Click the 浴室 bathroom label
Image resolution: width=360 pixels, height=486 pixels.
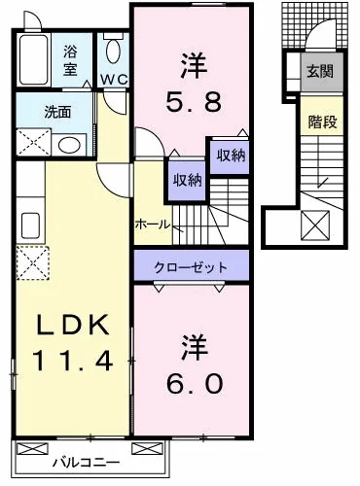click(70, 60)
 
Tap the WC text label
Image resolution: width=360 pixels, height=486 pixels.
click(114, 80)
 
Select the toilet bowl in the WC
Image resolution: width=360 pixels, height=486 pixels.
click(114, 51)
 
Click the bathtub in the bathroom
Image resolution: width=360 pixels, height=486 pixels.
click(34, 60)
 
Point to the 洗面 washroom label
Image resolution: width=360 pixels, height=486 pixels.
click(57, 112)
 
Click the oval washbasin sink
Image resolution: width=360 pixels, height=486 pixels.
click(69, 145)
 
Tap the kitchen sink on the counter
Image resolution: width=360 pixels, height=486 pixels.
click(31, 226)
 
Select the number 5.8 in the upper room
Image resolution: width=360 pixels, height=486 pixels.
click(194, 101)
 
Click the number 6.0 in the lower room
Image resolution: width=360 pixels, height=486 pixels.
click(195, 383)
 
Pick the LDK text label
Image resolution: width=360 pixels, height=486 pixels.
click(72, 325)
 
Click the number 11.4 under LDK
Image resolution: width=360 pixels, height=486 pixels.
click(72, 361)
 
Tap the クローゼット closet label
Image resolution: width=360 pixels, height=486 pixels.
click(191, 267)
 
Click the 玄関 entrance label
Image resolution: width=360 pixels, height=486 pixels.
click(320, 71)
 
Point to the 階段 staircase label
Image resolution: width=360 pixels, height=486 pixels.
click(322, 121)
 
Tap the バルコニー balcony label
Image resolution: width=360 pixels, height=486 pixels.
click(87, 463)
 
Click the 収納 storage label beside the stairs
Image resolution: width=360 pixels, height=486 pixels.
click(188, 180)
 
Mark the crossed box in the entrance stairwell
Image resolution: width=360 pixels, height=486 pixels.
click(315, 226)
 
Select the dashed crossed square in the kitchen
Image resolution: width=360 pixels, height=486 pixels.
click(33, 262)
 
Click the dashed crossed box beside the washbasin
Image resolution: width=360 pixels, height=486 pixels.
click(33, 142)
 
